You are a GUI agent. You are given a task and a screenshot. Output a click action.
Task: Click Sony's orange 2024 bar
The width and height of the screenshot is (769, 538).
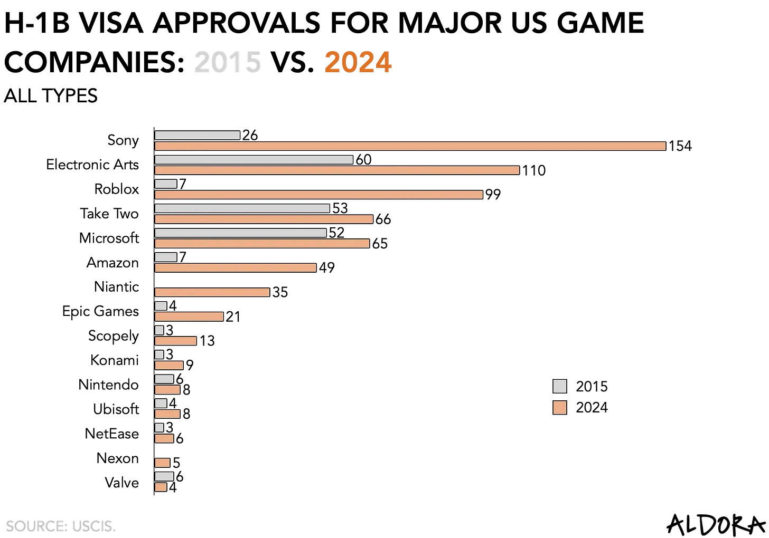coord(410,146)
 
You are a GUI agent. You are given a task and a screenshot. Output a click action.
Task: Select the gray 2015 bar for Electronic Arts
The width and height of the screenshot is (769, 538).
coord(254,159)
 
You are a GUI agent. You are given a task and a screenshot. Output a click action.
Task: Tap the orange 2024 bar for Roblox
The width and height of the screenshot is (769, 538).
coord(318,195)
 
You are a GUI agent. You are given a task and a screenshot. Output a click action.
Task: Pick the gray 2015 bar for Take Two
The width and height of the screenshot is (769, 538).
coord(242,208)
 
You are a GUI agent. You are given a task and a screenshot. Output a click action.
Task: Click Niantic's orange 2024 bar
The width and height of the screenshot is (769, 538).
coord(212,292)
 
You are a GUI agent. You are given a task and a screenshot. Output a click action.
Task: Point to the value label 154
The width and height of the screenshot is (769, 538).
coord(680,146)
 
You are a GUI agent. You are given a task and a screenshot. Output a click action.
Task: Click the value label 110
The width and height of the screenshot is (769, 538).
coord(533,170)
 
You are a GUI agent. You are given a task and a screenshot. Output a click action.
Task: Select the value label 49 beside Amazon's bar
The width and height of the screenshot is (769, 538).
coord(327,268)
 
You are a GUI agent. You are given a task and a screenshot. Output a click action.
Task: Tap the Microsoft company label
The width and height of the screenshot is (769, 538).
coord(109,238)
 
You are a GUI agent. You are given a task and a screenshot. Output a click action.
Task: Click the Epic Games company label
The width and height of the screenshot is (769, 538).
coord(100,311)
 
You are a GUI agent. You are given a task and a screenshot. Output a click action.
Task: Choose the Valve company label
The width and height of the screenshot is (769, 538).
coord(121,483)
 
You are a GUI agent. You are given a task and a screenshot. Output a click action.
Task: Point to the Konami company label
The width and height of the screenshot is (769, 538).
coord(114,360)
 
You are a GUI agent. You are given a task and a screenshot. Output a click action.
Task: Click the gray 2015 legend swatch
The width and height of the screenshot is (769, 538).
coord(559,387)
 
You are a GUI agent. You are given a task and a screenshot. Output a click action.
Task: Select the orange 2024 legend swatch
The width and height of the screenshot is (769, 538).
coord(559,408)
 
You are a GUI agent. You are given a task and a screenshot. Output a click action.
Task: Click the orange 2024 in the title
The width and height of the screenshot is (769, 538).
coord(358,63)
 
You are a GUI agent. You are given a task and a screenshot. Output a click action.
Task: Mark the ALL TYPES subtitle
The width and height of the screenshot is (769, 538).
coord(51,96)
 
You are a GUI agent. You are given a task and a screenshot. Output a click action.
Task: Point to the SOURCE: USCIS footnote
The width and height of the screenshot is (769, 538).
coord(61,526)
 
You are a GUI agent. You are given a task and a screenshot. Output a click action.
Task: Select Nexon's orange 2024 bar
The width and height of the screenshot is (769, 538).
coord(163,463)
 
